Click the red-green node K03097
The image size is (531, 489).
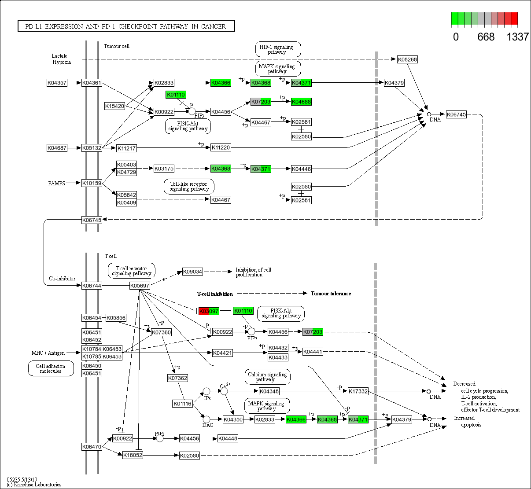[209, 311]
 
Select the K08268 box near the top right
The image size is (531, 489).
[407, 59]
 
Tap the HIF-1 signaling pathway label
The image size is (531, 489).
[278, 49]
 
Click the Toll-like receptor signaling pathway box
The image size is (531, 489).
[189, 186]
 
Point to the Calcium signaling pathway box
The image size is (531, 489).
[267, 377]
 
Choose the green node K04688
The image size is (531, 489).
[302, 102]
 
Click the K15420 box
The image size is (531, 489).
[115, 106]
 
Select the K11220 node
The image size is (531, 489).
[221, 147]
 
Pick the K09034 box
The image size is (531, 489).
[192, 272]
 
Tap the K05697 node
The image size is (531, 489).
[140, 286]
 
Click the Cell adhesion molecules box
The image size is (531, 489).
[51, 368]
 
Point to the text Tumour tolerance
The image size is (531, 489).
[331, 294]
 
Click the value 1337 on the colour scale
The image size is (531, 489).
[517, 37]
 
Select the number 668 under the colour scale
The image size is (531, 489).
[486, 37]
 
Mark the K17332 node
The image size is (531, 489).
[358, 391]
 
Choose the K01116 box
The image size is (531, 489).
[182, 403]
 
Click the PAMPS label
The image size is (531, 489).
[57, 183]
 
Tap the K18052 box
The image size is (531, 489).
[133, 455]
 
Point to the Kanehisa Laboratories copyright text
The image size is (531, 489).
[34, 485]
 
